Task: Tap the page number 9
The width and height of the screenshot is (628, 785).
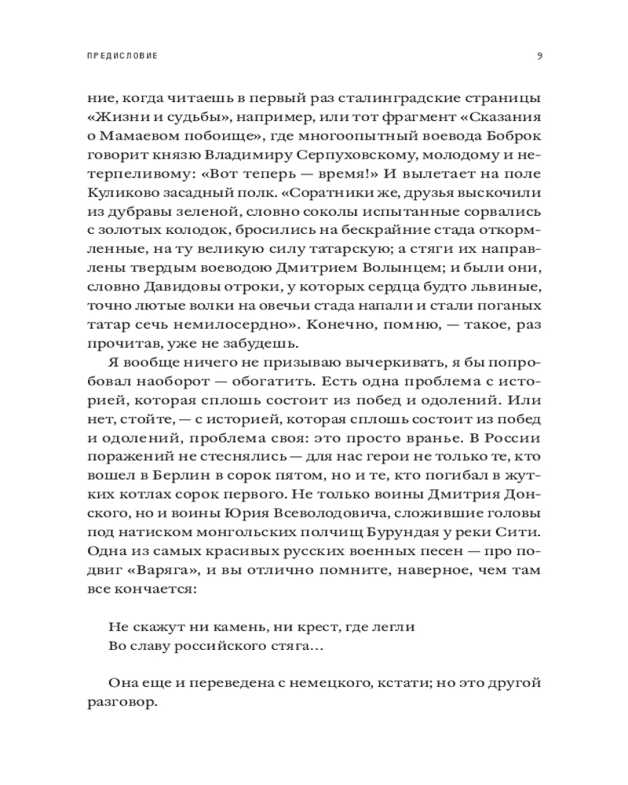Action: pyautogui.click(x=539, y=56)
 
